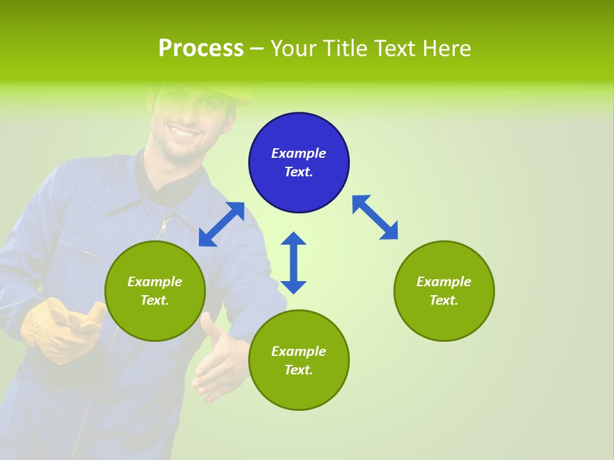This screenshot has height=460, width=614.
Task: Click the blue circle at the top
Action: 299,163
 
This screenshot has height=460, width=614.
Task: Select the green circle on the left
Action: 155,291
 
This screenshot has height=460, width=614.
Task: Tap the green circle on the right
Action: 444,291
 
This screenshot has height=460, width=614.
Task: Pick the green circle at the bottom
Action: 299,360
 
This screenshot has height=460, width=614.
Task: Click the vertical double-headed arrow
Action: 294,263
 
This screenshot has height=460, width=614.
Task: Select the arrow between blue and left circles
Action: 221,224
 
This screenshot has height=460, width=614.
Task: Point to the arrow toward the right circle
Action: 375,217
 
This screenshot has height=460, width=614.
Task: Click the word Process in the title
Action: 201,49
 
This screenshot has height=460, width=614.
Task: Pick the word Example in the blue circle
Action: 299,153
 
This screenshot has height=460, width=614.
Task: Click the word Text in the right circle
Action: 443,300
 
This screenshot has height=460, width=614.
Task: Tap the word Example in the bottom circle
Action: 299,351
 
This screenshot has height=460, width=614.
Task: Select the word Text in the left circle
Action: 154,300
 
